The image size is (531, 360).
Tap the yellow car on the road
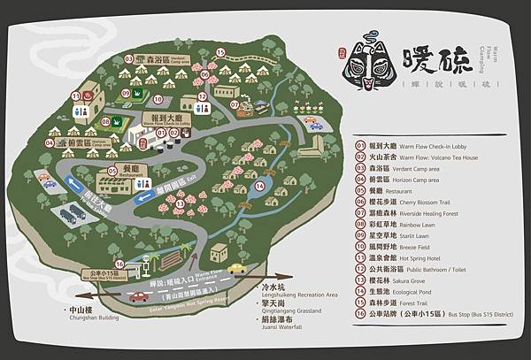235,267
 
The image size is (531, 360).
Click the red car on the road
139,296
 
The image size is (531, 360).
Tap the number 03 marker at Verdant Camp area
128,58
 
